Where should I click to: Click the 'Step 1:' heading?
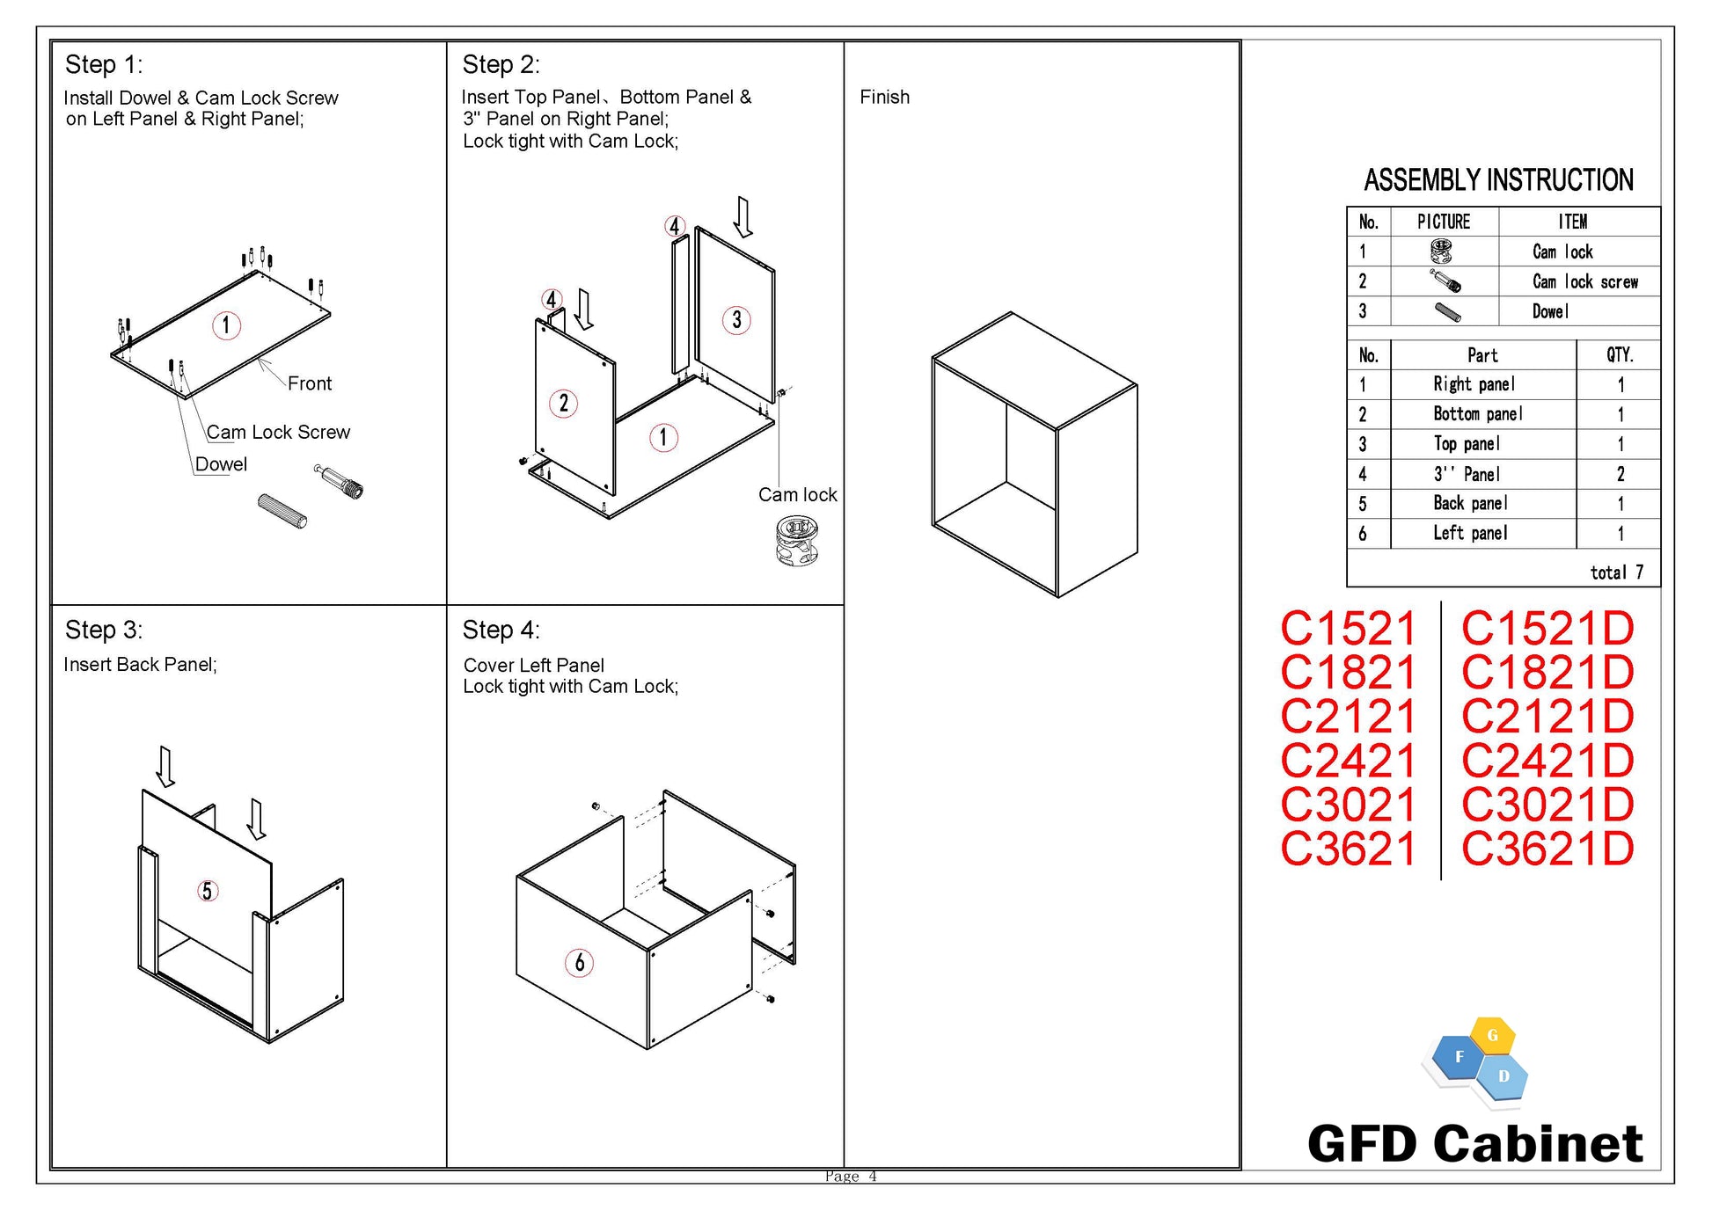tap(104, 64)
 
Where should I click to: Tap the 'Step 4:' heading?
tap(501, 630)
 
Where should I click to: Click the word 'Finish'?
tap(884, 97)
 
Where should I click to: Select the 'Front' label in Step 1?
tap(310, 383)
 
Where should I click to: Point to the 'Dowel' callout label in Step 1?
tap(221, 464)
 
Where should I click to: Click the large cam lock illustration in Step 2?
tap(797, 541)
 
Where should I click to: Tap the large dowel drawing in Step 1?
tap(282, 511)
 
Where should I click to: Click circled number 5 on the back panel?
tap(207, 891)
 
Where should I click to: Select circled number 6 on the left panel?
tap(579, 963)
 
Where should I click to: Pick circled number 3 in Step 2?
tap(736, 319)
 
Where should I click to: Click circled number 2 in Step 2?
tap(563, 404)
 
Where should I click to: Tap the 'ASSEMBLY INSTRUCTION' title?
tap(1498, 180)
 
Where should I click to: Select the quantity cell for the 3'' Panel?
tap(1620, 474)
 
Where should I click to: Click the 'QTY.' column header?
tap(1620, 355)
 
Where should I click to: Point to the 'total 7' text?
tap(1616, 572)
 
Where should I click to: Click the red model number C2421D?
tap(1547, 761)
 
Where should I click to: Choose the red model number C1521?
tap(1348, 629)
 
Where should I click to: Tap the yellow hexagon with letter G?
tap(1492, 1036)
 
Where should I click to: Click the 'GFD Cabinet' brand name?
tap(1475, 1144)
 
